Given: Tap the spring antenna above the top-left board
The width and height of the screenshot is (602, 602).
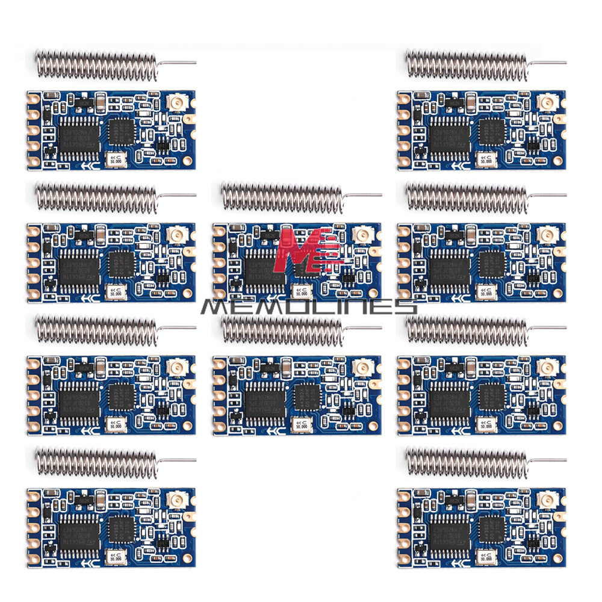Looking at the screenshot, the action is pos(96,63).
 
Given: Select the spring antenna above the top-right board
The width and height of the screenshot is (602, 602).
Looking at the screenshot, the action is pos(467,63).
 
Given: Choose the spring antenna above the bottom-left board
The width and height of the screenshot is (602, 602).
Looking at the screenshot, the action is pos(96,461).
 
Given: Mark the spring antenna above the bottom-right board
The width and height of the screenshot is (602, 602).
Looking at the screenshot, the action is pos(467,461).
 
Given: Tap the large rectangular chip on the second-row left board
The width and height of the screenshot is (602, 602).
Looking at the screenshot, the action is pos(76,264).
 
